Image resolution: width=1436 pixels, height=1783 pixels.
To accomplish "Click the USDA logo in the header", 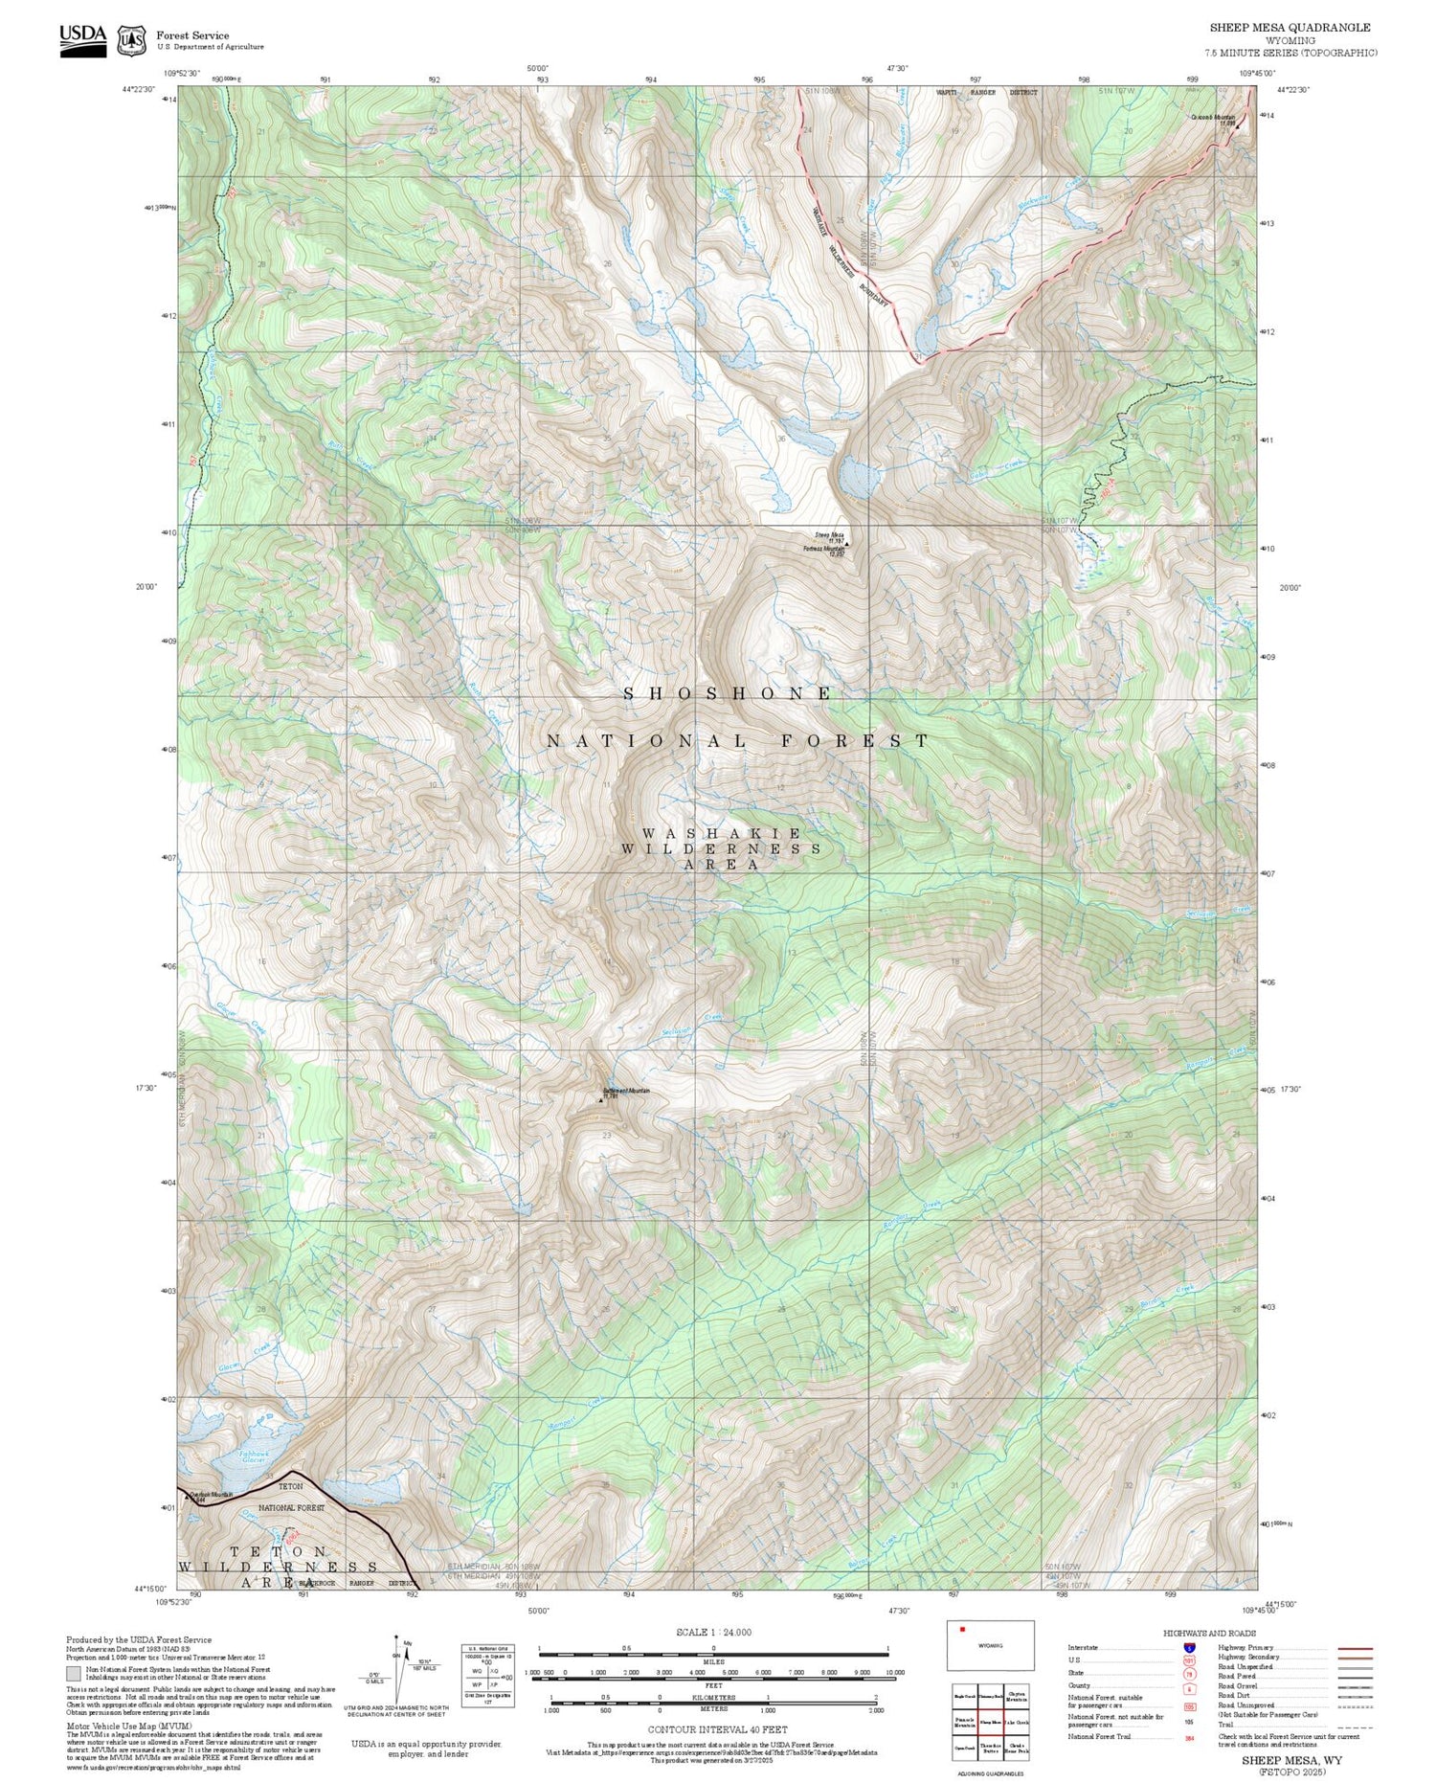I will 82,38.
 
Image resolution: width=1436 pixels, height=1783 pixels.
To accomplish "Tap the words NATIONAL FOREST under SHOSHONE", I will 737,741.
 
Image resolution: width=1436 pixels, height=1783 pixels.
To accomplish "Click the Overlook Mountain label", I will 212,1495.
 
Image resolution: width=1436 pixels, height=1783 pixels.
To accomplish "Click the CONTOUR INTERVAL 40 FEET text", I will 717,1729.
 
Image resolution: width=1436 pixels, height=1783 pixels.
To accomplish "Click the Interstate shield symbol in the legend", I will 1189,1647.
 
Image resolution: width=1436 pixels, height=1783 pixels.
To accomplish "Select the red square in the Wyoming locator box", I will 963,1628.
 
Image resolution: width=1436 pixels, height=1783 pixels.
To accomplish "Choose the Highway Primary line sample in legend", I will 1350,1649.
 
